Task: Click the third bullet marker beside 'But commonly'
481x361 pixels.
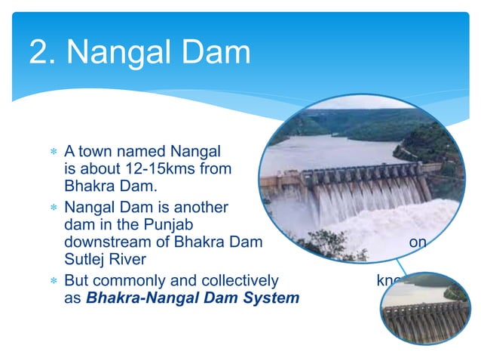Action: coord(54,281)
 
